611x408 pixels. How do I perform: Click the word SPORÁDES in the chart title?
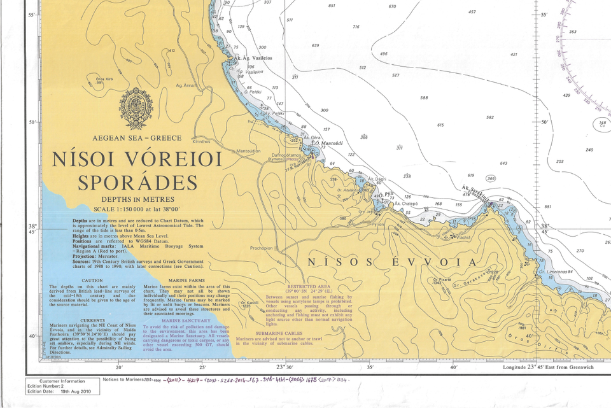[137, 183]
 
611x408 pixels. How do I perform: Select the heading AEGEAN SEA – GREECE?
[137, 138]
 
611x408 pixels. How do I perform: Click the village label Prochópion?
[261, 248]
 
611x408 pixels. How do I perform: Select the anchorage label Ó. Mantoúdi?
[330, 143]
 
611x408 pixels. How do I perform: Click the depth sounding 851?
[332, 6]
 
